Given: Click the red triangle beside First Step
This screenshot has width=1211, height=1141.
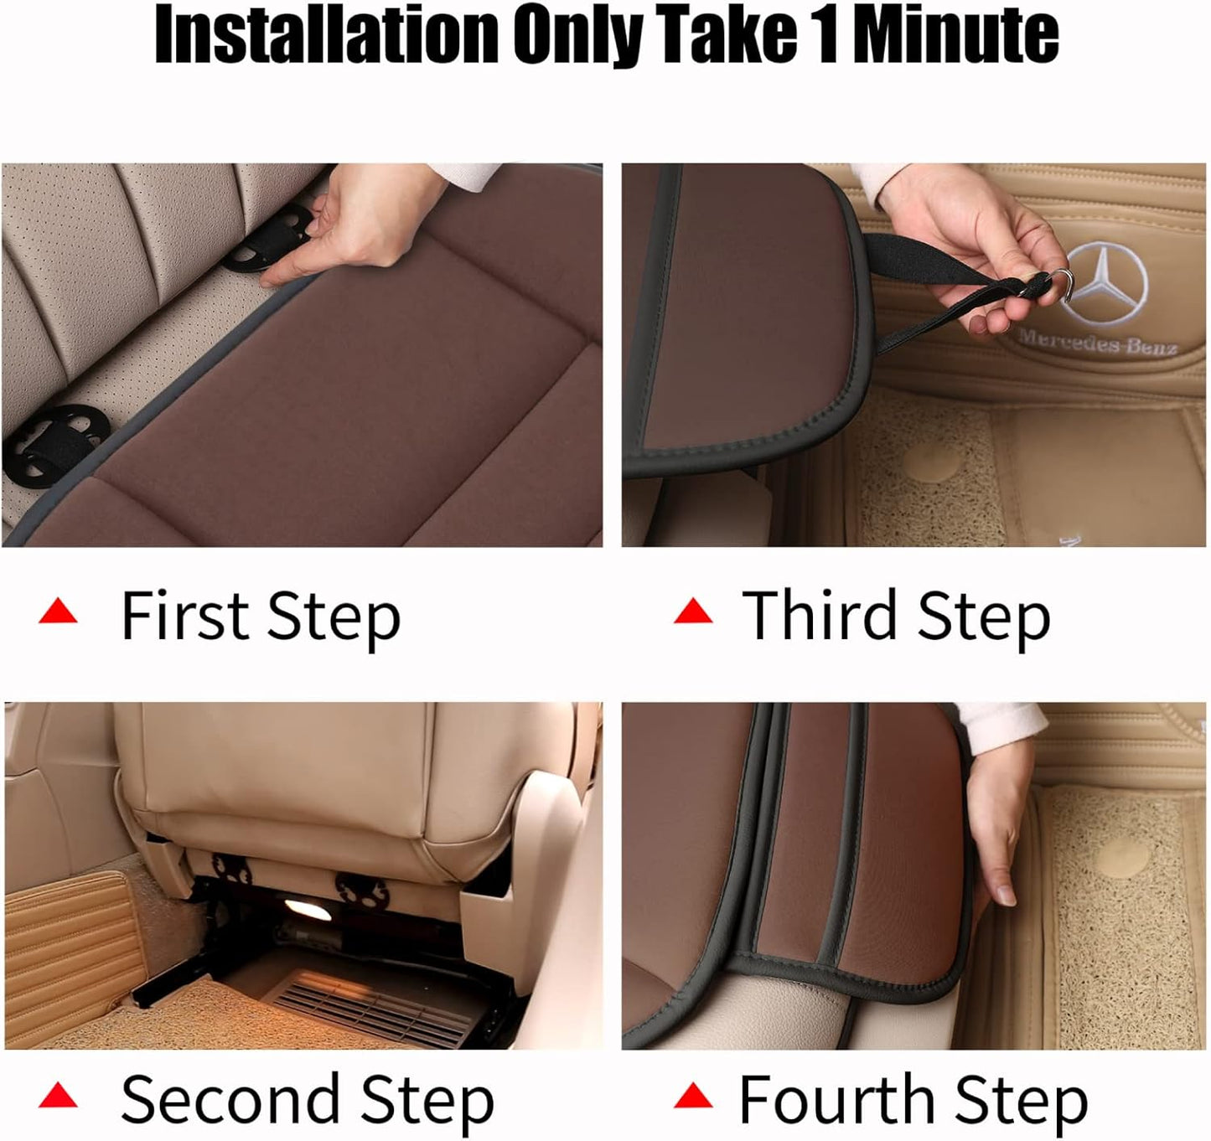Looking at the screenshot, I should coord(58,612).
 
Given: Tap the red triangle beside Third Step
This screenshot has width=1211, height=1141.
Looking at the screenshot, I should coord(693,612).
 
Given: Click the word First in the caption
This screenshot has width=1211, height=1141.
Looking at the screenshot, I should coord(185,616).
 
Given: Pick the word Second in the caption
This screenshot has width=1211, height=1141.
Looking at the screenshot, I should coord(228,1099).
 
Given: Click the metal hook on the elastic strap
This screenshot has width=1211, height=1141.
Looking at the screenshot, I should coord(1061,281).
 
